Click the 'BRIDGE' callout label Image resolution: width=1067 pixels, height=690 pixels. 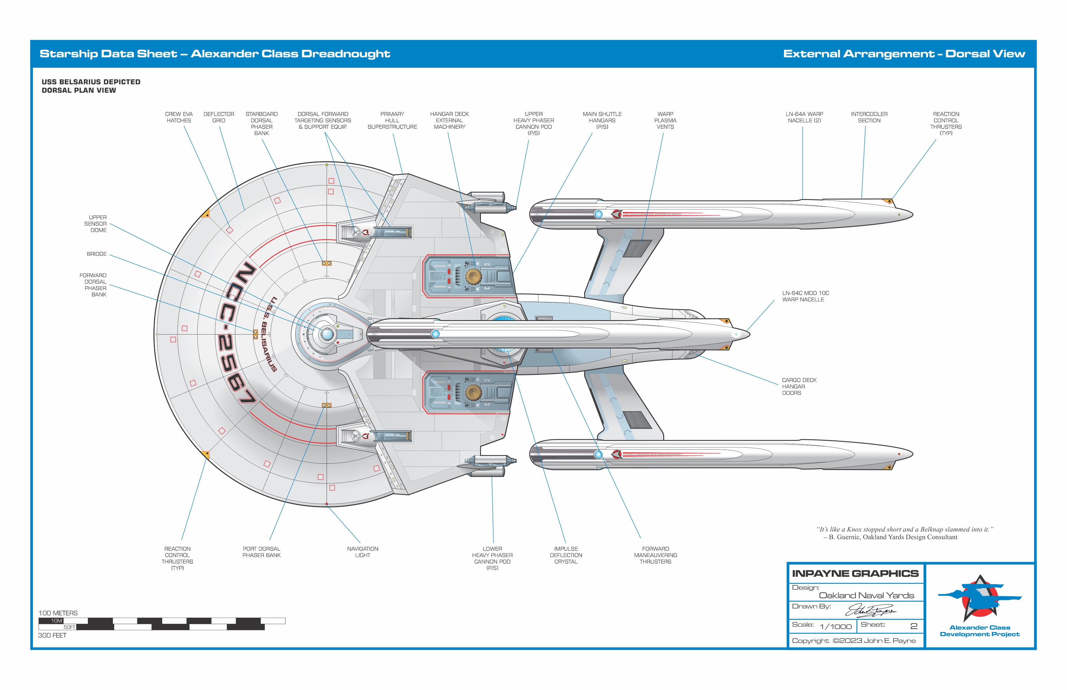97,254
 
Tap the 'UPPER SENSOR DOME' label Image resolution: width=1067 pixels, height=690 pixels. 96,224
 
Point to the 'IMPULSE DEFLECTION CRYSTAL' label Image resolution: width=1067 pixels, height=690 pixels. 566,555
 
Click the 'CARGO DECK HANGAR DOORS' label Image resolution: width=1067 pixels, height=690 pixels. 799,386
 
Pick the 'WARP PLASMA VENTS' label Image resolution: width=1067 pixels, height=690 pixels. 665,120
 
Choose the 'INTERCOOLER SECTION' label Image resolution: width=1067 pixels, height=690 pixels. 869,117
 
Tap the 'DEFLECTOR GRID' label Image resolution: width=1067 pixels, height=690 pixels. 219,117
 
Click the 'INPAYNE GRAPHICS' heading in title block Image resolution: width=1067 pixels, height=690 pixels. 855,573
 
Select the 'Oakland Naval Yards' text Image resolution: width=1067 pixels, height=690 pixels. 866,595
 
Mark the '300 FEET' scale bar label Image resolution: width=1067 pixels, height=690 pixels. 52,635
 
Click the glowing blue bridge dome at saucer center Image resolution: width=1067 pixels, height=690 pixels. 327,334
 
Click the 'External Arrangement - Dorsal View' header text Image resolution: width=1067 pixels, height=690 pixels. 904,54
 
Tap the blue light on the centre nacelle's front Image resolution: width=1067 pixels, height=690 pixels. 435,334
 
